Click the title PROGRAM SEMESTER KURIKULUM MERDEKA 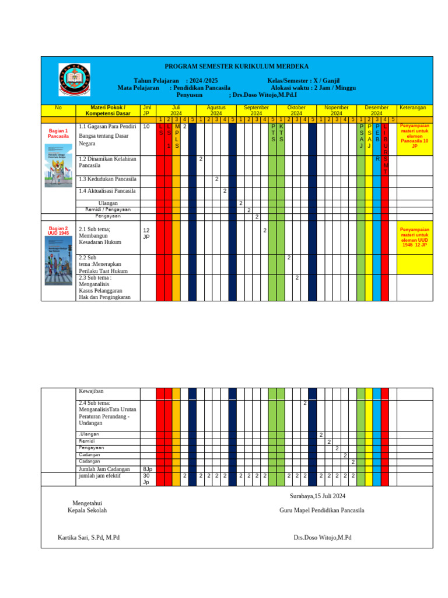(236, 67)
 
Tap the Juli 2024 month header (176, 111)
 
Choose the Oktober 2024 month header (296, 111)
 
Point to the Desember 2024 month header (376, 111)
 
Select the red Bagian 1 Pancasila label (58, 133)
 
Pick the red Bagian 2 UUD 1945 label (58, 231)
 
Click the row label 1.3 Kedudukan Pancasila (107, 179)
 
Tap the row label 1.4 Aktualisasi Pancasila (107, 191)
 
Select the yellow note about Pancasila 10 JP (414, 136)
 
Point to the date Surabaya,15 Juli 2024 (318, 496)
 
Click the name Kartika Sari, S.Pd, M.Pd (88, 537)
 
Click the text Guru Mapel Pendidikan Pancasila (322, 510)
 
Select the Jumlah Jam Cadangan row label (104, 468)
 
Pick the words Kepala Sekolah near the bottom (87, 510)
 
